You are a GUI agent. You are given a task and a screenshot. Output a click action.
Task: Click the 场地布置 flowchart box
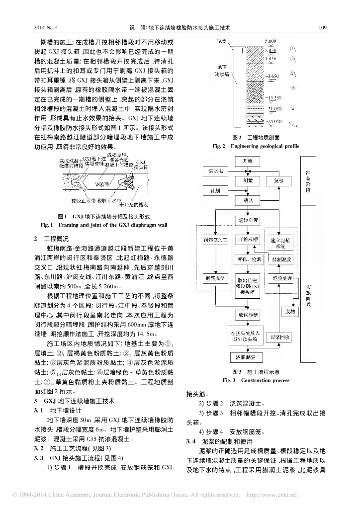[x=247, y=220]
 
